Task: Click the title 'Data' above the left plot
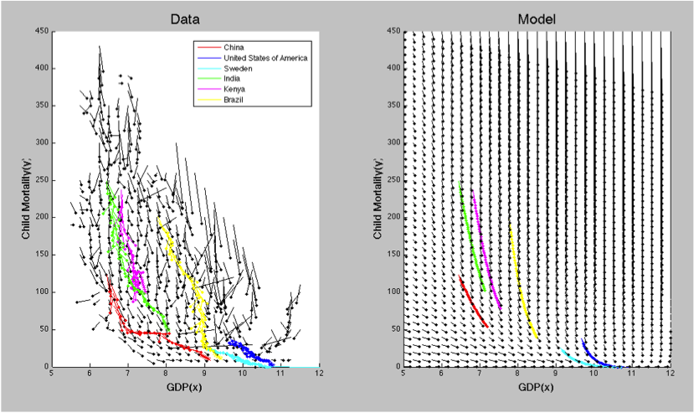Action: point(185,18)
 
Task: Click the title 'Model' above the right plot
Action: point(537,18)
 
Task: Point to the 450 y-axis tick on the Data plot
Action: point(40,31)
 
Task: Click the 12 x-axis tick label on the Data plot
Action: point(318,376)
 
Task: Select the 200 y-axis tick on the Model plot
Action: point(393,217)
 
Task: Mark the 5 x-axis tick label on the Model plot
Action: point(404,376)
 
